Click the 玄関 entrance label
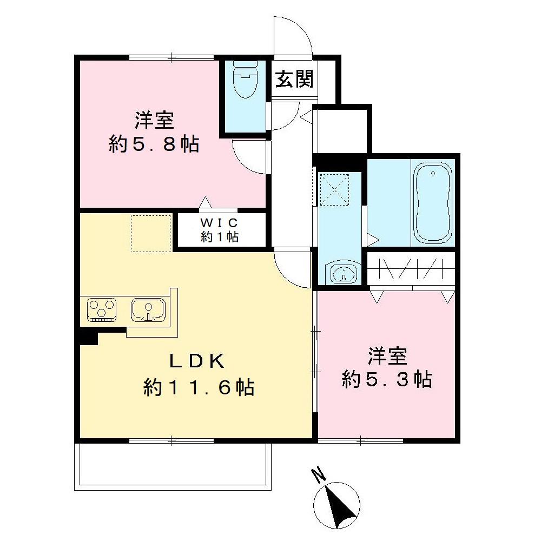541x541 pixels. (294, 80)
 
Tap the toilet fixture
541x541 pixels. (245, 81)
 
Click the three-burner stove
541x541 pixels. (101, 310)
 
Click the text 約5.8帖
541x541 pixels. (154, 144)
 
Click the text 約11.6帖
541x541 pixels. (199, 387)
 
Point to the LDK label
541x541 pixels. (196, 360)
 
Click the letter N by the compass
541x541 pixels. (319, 476)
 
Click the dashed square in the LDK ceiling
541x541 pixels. (151, 233)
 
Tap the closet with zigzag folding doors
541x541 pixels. (412, 269)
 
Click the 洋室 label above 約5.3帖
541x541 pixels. (387, 357)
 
